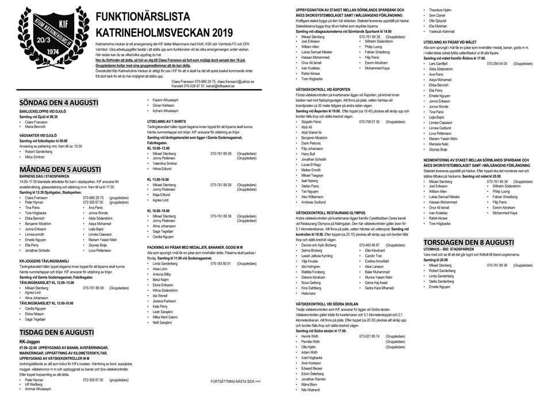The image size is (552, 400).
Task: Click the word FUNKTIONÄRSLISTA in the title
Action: (x=136, y=17)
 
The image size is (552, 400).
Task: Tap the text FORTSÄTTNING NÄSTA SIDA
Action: (x=236, y=381)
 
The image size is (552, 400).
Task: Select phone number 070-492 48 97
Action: (x=369, y=245)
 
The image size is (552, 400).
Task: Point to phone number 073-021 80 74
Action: (x=369, y=336)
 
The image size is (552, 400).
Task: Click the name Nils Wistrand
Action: (x=310, y=390)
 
